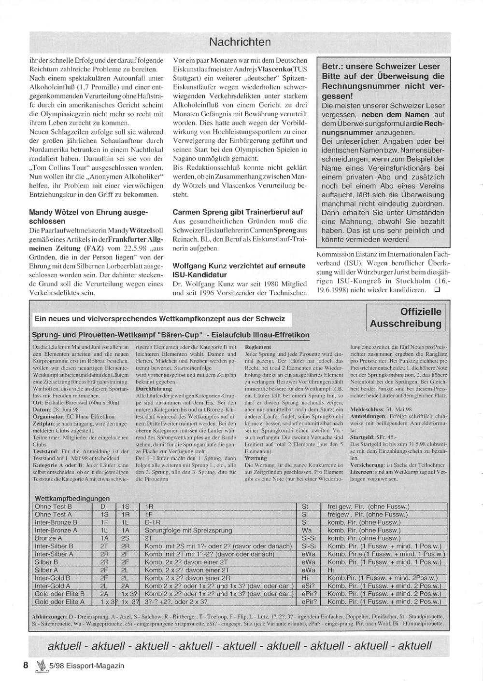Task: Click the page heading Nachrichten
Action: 240,42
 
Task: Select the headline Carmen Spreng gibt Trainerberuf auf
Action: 238,212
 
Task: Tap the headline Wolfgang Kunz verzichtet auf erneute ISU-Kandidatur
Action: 239,270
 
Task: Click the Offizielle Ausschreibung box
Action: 405,317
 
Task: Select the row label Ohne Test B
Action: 53,507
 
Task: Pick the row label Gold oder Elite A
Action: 59,601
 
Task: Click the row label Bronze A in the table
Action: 48,538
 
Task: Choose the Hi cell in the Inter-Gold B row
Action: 305,578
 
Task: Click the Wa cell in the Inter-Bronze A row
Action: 306,531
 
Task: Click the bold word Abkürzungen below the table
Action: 48,617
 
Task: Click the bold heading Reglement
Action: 258,347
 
